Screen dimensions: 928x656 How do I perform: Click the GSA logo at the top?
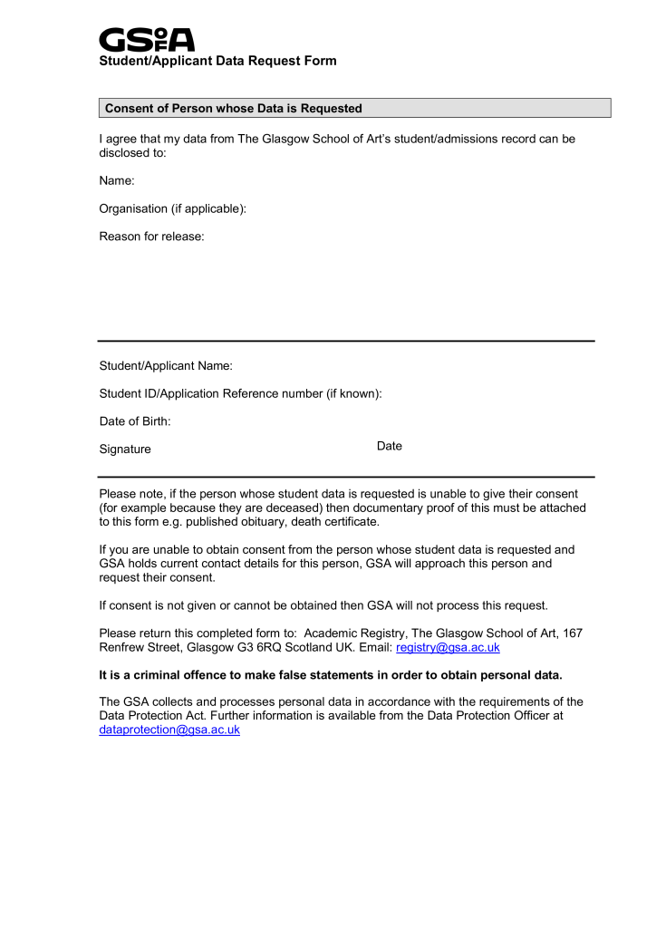click(x=146, y=39)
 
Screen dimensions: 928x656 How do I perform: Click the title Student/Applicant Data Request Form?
click(x=217, y=61)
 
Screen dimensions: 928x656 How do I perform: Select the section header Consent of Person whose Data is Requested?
click(x=234, y=109)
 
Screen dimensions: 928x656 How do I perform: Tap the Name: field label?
click(x=117, y=182)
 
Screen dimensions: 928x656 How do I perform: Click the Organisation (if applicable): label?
click(x=172, y=209)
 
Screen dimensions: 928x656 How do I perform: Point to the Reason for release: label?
click(x=151, y=237)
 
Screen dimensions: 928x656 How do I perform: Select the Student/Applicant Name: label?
click(x=166, y=366)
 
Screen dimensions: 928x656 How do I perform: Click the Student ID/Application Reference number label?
click(x=240, y=393)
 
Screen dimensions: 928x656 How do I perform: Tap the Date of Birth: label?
click(x=135, y=421)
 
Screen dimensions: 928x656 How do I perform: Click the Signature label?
click(x=125, y=449)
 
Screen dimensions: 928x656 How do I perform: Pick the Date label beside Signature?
click(x=390, y=446)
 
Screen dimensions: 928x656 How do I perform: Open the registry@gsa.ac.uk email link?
click(x=448, y=648)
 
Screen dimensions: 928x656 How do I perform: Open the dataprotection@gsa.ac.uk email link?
click(x=169, y=730)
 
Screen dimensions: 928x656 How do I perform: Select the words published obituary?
click(x=235, y=522)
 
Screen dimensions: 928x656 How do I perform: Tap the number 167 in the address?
click(x=573, y=633)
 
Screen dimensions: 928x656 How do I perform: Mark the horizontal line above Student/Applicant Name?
click(x=346, y=341)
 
